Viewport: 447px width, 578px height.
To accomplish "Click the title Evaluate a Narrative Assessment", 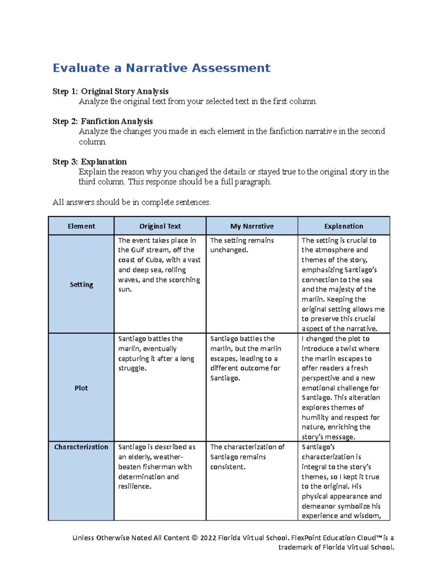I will pyautogui.click(x=161, y=68).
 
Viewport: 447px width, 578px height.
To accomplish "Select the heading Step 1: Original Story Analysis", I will pyautogui.click(x=110, y=92).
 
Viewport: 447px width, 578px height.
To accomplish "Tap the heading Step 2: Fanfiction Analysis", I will pyautogui.click(x=102, y=121).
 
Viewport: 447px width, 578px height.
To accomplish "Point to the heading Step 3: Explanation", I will pyautogui.click(x=89, y=162).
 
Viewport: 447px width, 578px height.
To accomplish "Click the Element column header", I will pyautogui.click(x=81, y=226).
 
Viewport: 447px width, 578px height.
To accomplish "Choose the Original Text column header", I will pyautogui.click(x=160, y=226).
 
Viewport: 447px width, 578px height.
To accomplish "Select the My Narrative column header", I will pyautogui.click(x=252, y=226).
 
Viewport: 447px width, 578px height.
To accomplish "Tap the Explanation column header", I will pyautogui.click(x=343, y=226).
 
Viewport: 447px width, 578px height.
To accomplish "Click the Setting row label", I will pyautogui.click(x=81, y=285).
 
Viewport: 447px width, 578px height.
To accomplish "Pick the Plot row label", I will pyautogui.click(x=81, y=388).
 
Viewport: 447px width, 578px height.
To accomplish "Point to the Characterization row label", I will pyautogui.click(x=81, y=447).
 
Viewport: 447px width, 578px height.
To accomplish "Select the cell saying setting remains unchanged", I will pyautogui.click(x=242, y=245).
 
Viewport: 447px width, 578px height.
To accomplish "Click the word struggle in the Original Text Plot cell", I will pyautogui.click(x=132, y=368).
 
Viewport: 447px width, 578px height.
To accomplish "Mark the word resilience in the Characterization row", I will pyautogui.click(x=134, y=486).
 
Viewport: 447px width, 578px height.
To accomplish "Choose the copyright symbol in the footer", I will pyautogui.click(x=194, y=538).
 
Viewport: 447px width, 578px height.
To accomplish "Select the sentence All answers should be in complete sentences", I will pyautogui.click(x=131, y=202).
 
